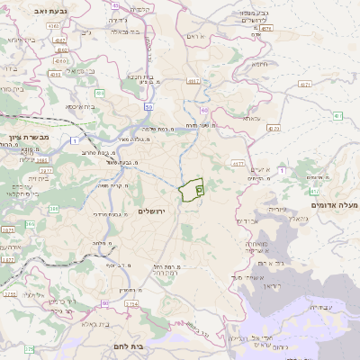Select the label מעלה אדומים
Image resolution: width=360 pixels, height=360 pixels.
coord(333,205)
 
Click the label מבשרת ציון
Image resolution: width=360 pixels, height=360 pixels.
coord(26,137)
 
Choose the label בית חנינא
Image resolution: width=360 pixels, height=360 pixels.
coord(138,76)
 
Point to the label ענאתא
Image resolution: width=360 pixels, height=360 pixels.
coord(246,117)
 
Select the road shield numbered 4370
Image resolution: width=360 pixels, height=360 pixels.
coord(273,128)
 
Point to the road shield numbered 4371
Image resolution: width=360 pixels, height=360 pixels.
coord(305,85)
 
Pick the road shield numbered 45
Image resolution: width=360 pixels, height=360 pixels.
coord(116,5)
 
